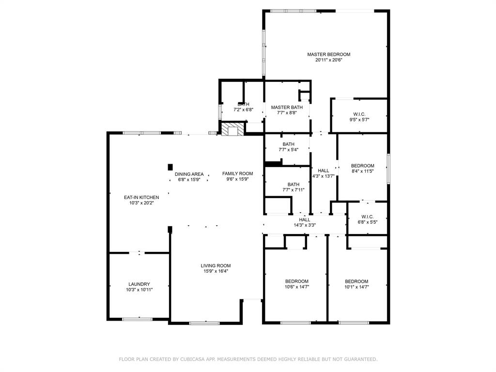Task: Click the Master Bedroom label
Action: [x=329, y=54]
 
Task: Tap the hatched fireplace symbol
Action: [x=233, y=129]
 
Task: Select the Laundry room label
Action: [x=139, y=284]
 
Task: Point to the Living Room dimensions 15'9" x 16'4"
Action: [x=216, y=271]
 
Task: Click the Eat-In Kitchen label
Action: [x=141, y=198]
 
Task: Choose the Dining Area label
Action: [x=189, y=174]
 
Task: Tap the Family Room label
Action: [x=237, y=174]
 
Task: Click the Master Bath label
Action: [x=287, y=108]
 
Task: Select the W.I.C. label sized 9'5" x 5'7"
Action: [x=359, y=114]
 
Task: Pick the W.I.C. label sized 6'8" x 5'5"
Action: [x=367, y=217]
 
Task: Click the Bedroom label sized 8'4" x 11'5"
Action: [x=362, y=166]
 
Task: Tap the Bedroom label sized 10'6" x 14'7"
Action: [x=297, y=281]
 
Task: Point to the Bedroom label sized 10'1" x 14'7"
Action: [x=356, y=281]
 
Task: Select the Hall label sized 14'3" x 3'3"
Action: [x=305, y=220]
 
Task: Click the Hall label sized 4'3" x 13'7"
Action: [x=323, y=171]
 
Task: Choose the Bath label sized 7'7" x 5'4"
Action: [x=289, y=144]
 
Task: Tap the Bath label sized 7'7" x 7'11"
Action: [x=294, y=185]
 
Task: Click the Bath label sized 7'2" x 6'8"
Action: [x=243, y=105]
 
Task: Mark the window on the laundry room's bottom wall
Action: [x=137, y=319]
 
